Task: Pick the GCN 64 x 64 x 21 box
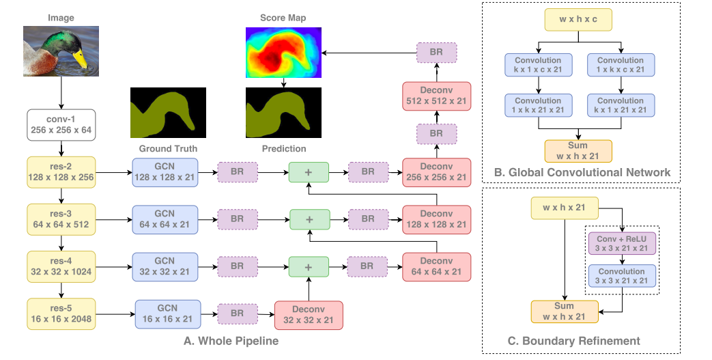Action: click(x=165, y=219)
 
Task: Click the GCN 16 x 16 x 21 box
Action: click(x=168, y=314)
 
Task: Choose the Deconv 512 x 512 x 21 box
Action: click(x=436, y=95)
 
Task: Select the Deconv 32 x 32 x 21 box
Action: click(x=308, y=314)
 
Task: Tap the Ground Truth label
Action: click(x=168, y=148)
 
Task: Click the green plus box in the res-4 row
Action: click(x=309, y=266)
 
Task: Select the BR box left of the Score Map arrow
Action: click(x=436, y=53)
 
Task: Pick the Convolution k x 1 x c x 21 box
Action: click(x=538, y=65)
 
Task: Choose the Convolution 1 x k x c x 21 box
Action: click(x=621, y=65)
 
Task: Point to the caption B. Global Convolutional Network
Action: click(x=582, y=172)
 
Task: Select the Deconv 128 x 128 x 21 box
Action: click(x=436, y=219)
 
